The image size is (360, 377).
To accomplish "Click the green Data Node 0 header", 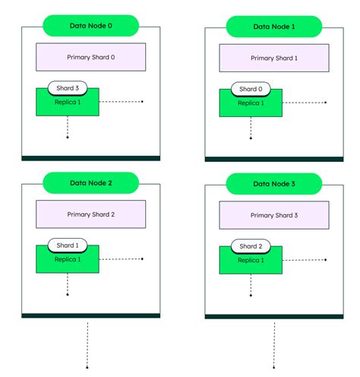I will coord(90,26).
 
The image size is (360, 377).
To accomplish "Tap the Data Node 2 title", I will coord(90,183).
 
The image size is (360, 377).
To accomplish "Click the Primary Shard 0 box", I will coord(90,57).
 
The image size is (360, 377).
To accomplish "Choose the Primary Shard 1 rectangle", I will coord(274,58).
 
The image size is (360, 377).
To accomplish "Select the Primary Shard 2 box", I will coord(90,214).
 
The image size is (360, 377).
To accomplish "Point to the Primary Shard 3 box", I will coord(274,215).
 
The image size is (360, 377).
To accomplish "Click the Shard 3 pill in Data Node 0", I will coord(67,88).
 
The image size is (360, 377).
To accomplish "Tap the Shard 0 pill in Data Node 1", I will coord(251,89).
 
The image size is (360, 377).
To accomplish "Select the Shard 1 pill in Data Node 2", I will coord(67,246).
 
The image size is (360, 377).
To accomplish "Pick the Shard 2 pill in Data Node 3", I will coord(251,246).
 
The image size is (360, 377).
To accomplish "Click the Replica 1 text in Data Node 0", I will coord(67,101).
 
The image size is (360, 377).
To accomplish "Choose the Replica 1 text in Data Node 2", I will coord(67,258).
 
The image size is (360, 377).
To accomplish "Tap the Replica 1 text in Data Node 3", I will coord(251,259).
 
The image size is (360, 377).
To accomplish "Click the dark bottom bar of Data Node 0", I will coord(90,158).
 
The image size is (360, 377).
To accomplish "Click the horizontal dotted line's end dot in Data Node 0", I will coord(142,101).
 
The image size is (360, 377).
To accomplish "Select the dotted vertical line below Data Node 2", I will coord(88,346).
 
